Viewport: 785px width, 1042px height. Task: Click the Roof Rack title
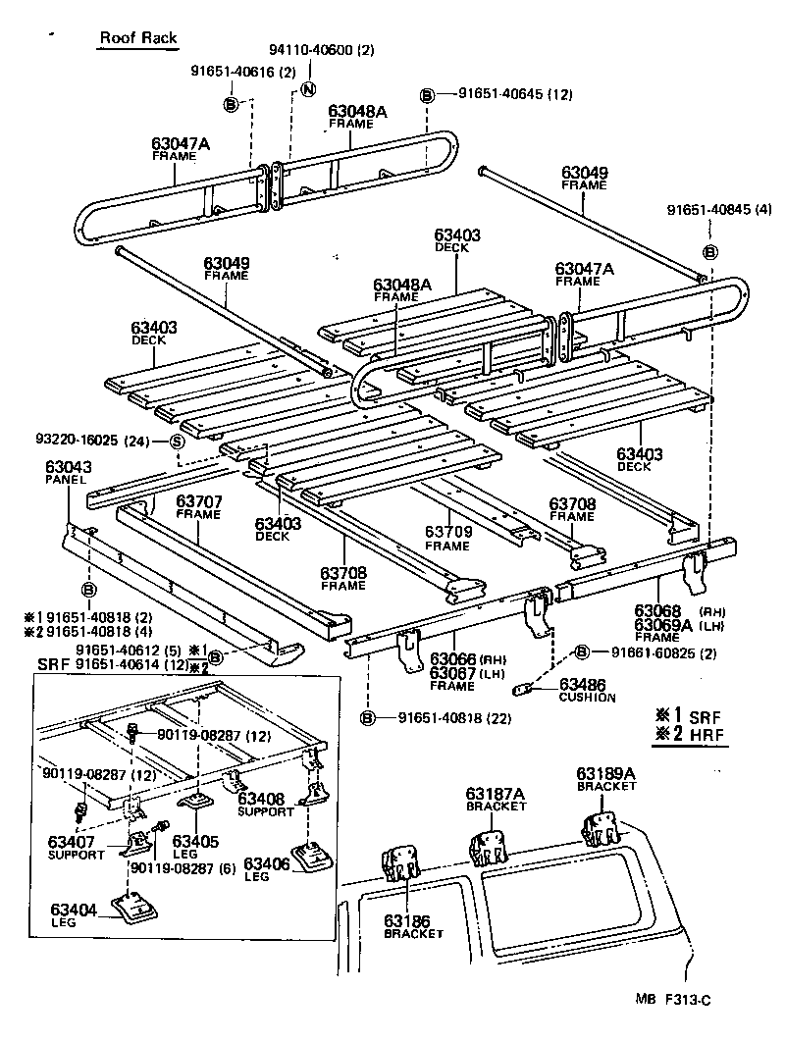tap(137, 38)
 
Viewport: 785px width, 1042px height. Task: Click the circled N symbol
tap(306, 89)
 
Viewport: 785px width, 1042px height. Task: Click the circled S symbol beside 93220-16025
tap(177, 441)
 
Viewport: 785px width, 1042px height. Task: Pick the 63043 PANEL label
tap(66, 472)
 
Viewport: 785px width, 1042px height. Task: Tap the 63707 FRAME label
tap(198, 507)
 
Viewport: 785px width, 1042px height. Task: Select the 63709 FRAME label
tap(447, 537)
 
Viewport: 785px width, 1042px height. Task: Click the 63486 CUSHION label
tap(587, 690)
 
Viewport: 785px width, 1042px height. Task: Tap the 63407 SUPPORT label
tap(76, 846)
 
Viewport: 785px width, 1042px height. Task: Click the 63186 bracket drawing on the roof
tap(398, 863)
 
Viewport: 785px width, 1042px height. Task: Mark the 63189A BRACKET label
tap(605, 779)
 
